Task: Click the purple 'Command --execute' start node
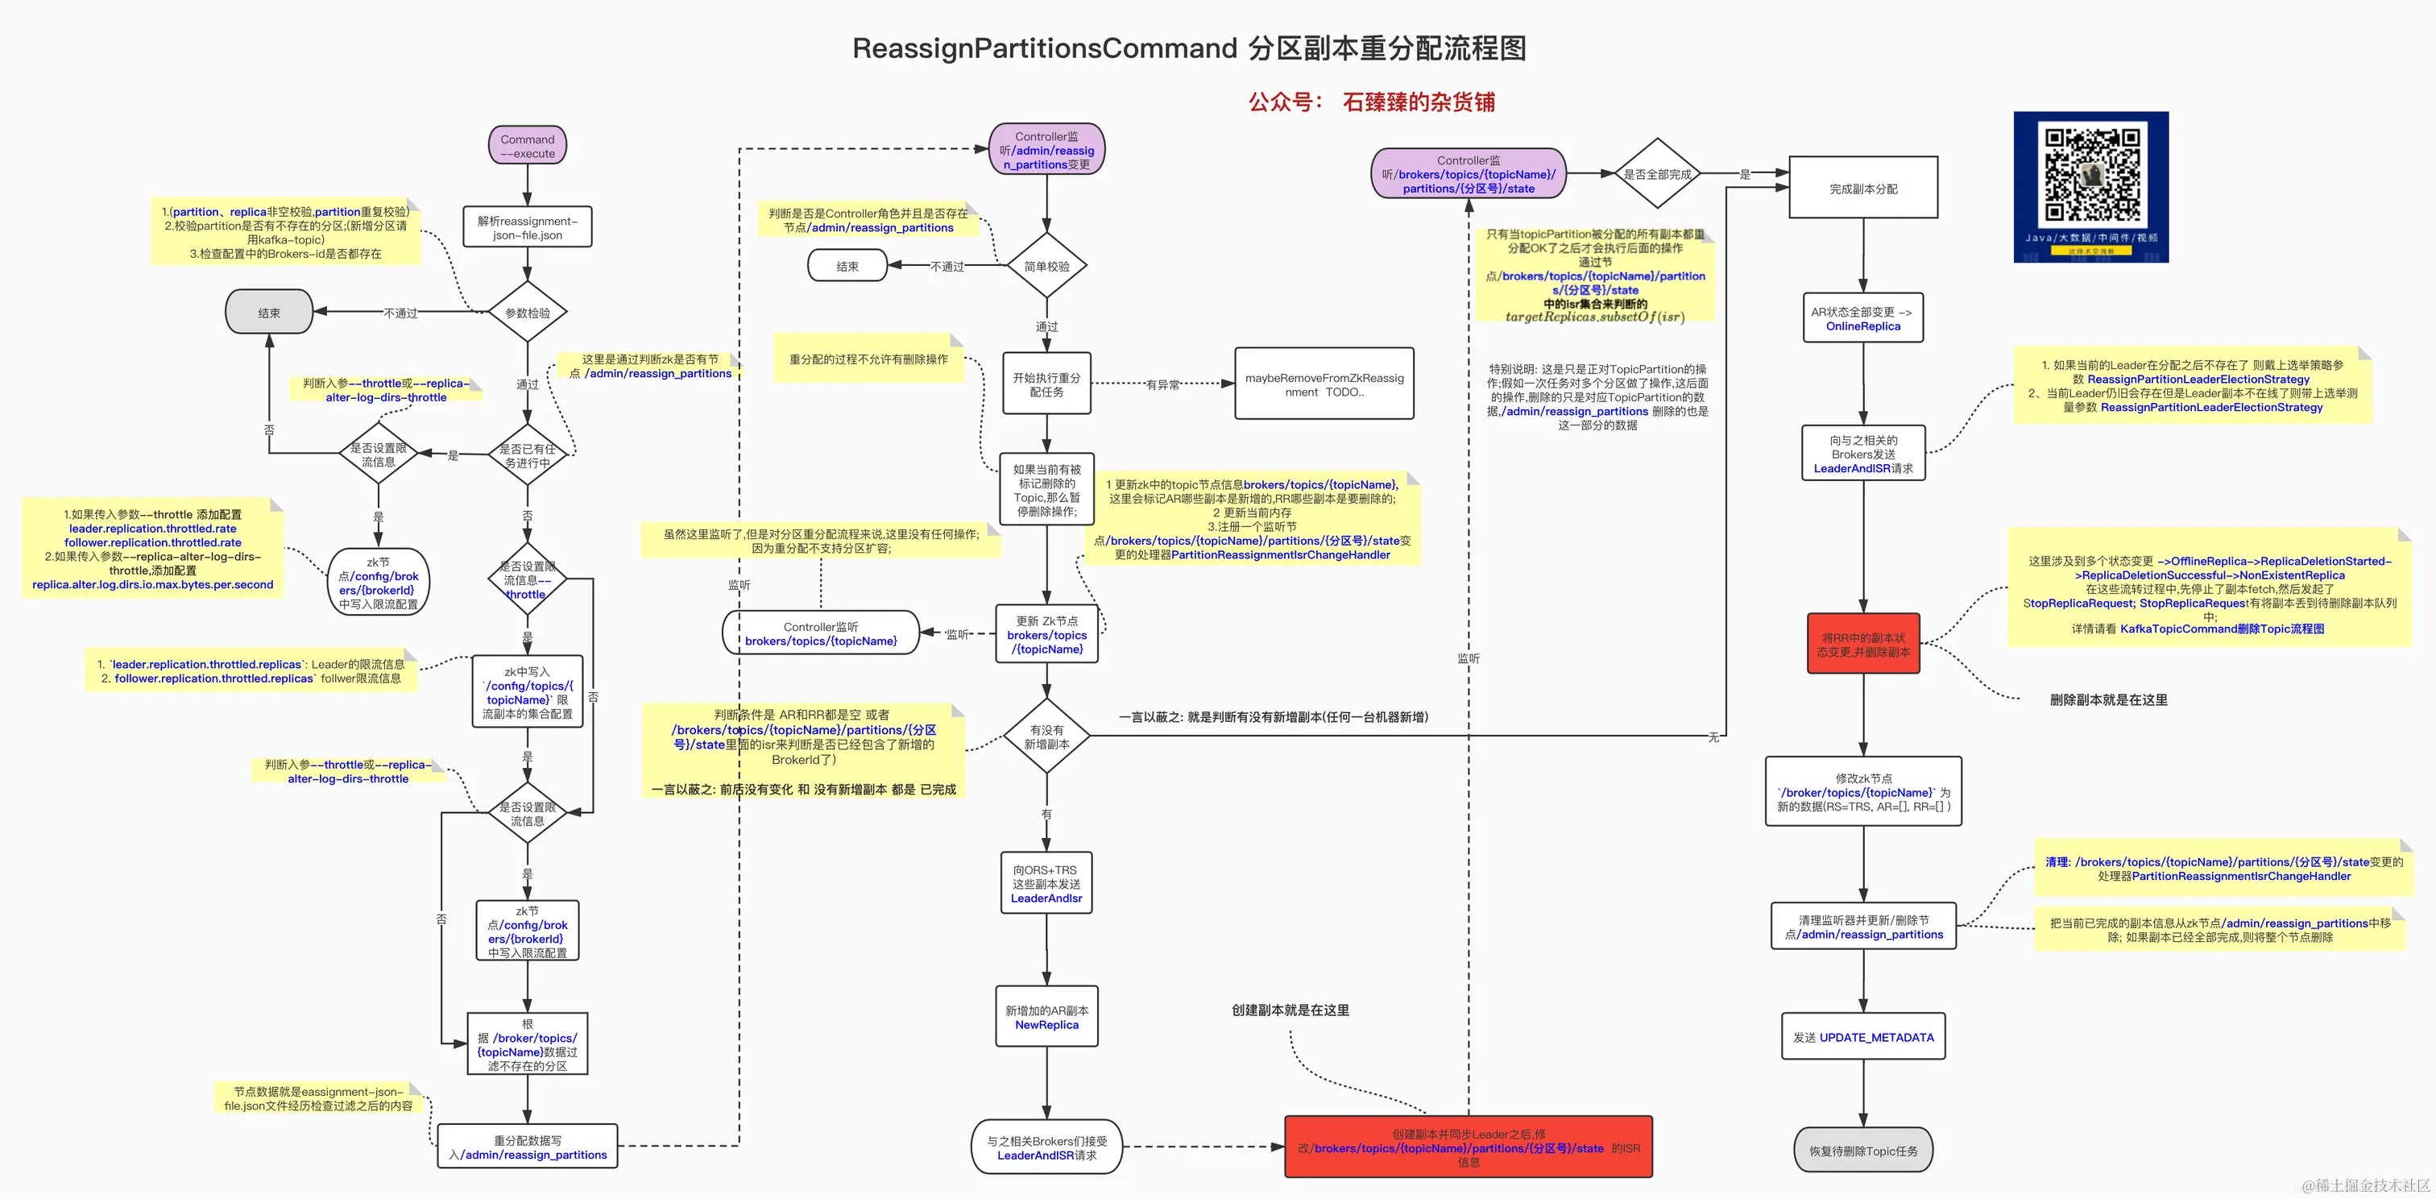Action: (x=528, y=147)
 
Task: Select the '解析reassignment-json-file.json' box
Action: (x=528, y=228)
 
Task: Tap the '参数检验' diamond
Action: (x=528, y=313)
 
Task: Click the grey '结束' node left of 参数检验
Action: (x=270, y=313)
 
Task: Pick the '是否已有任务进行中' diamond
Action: (x=528, y=456)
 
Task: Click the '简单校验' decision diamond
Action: (x=1047, y=267)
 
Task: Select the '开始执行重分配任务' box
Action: (x=1047, y=384)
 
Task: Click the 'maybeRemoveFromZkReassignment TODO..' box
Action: (x=1324, y=384)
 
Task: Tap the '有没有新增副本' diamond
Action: (x=1047, y=736)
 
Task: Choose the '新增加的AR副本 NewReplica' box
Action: (x=1047, y=1018)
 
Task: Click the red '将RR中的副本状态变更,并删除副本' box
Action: (x=1863, y=645)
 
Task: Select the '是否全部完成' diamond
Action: (x=1657, y=174)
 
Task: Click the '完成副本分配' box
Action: (x=1863, y=189)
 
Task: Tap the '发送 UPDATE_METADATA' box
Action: (x=1863, y=1037)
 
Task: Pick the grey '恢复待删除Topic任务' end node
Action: (x=1863, y=1151)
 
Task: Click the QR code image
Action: (x=2091, y=186)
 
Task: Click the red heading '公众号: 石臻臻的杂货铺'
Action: (x=1371, y=102)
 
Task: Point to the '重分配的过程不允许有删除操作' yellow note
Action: (x=868, y=359)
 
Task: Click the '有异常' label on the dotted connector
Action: (x=1162, y=385)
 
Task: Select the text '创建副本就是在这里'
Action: (x=1290, y=1010)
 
